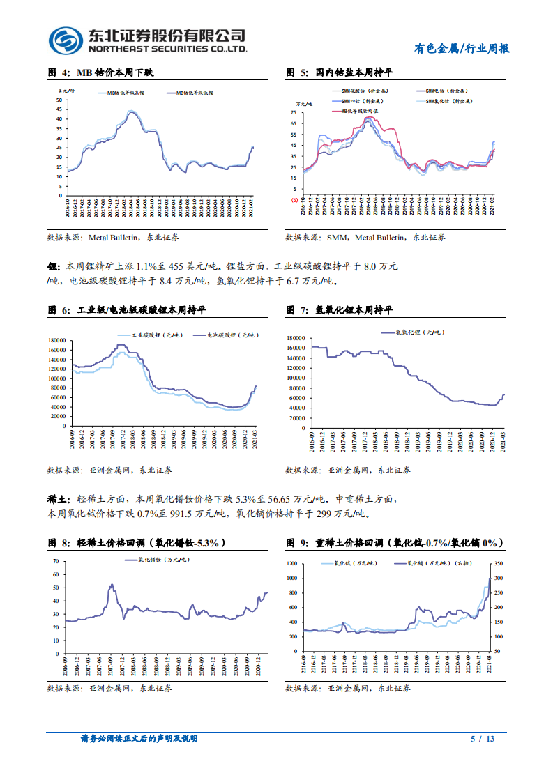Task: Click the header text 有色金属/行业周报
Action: click(462, 49)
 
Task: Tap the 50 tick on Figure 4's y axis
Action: click(60, 100)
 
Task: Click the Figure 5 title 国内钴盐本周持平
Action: click(340, 72)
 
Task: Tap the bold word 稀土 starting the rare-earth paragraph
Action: click(55, 500)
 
